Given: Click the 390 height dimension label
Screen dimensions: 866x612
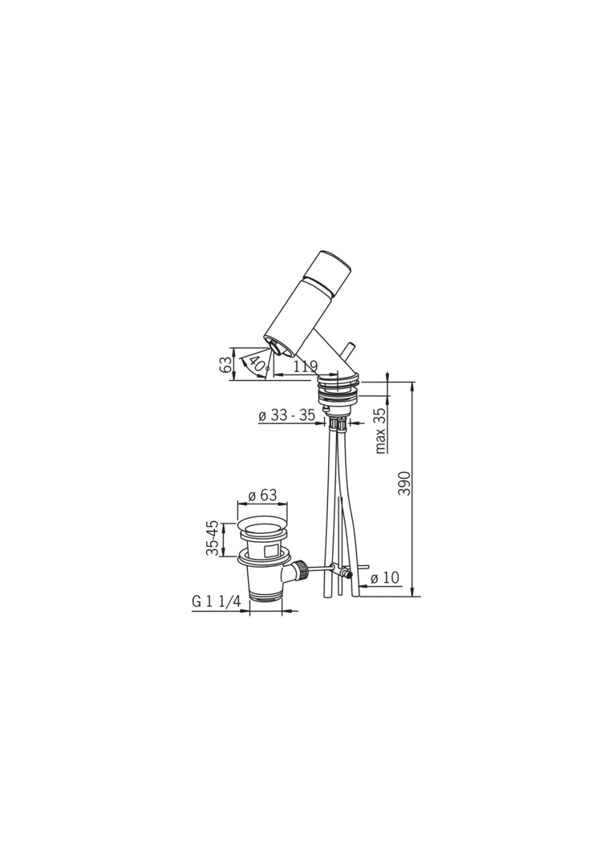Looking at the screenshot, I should tap(405, 483).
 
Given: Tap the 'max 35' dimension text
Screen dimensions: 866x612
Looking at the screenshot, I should tap(380, 431).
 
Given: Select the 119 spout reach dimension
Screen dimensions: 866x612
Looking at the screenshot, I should tap(305, 366).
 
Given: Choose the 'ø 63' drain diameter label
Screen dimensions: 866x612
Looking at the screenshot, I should tap(262, 496).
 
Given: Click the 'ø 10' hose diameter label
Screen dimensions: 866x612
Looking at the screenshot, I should tap(385, 577).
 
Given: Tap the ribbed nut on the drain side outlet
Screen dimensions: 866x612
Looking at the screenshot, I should tap(302, 570).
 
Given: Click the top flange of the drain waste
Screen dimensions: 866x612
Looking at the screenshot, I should tap(262, 530).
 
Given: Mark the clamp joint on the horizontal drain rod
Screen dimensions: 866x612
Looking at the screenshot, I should tap(347, 574).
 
